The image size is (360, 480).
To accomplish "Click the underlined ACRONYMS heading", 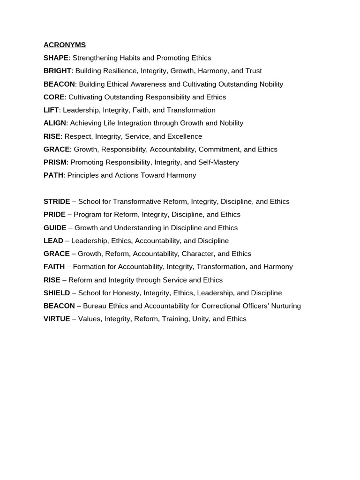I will click(65, 45).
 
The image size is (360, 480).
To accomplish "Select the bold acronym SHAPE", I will click(56, 58).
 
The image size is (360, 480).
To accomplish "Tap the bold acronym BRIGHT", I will click(57, 71).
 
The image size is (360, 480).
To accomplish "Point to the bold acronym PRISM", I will click(55, 162).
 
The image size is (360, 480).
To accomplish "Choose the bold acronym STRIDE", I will click(57, 202).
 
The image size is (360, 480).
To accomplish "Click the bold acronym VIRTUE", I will click(57, 319).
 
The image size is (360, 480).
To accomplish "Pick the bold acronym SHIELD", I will click(57, 293).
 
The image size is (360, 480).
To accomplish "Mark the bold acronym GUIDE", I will click(55, 228).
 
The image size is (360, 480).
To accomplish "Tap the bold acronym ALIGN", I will click(55, 123).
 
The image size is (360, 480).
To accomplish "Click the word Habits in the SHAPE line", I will click(128, 58).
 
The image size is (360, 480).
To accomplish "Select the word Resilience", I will click(112, 71).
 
